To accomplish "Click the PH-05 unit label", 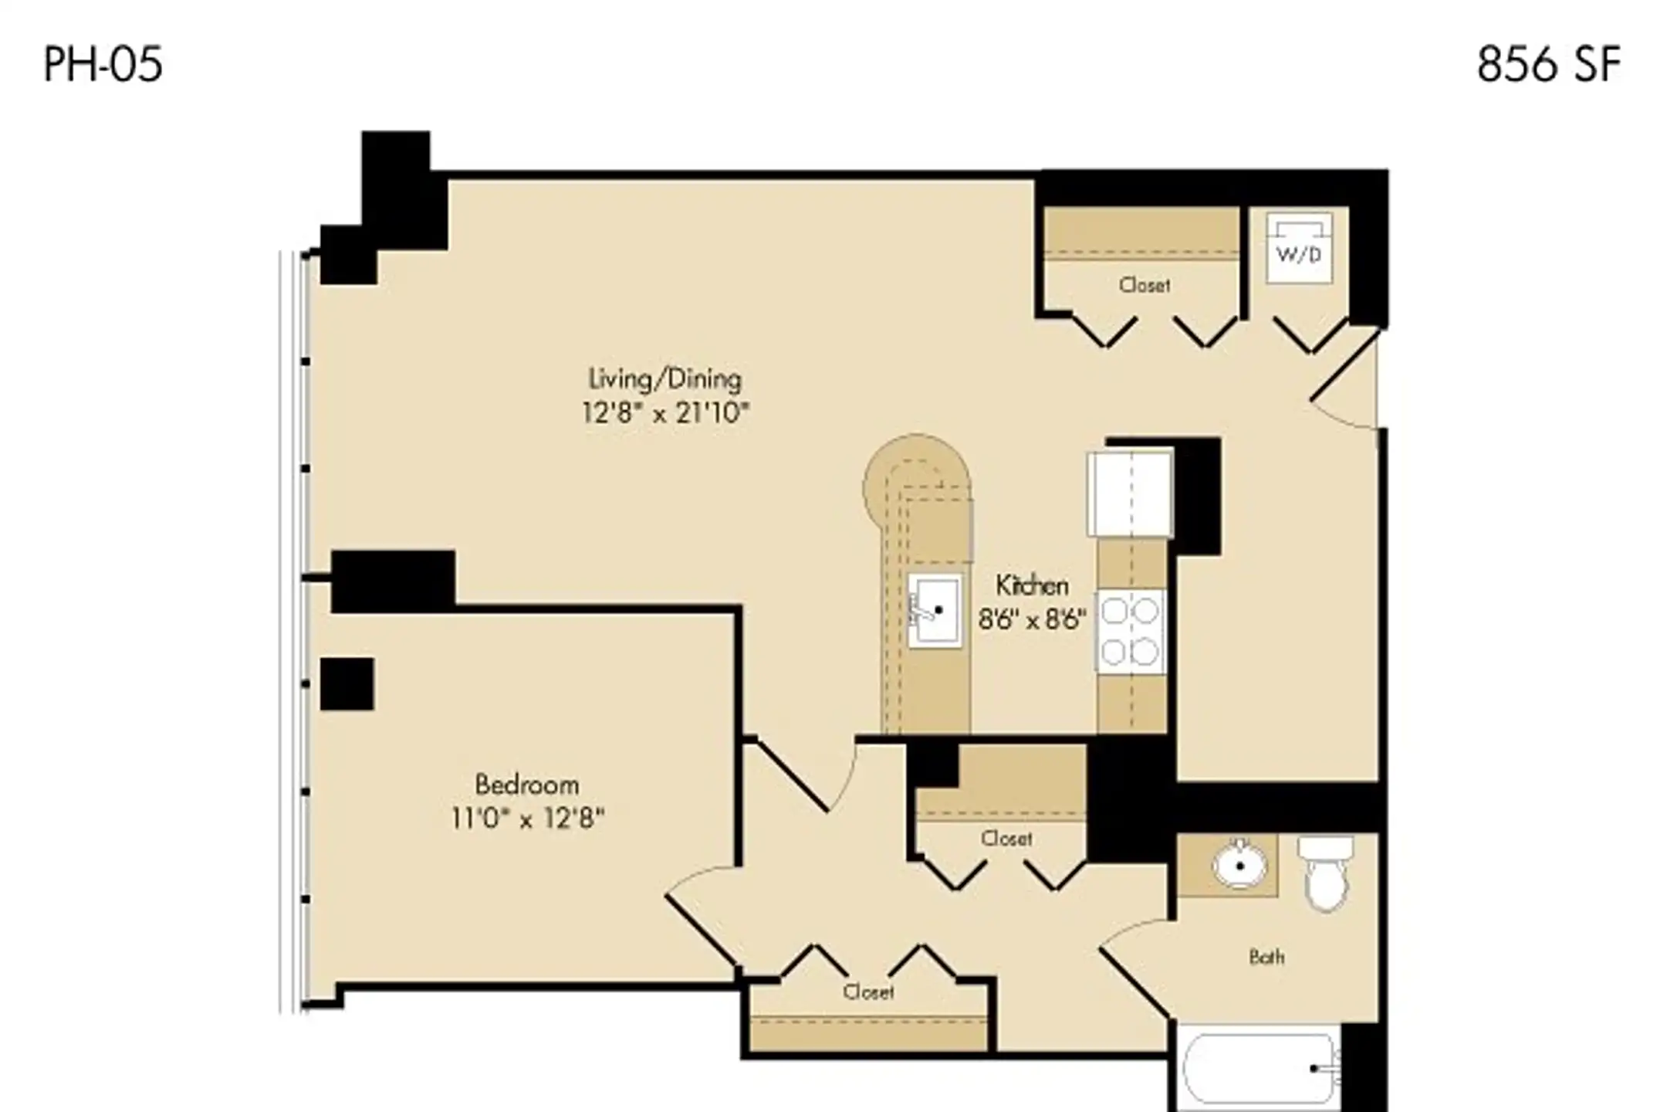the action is coord(103,64).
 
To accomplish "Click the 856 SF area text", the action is coord(1548,64).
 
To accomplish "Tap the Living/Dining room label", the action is coord(664,379).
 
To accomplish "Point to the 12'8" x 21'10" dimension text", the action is coord(665,413).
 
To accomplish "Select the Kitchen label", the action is coord(1032,585).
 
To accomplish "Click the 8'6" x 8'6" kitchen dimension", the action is coord(1032,619).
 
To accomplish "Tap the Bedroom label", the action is coord(526,785).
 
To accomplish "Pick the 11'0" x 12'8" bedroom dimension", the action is coord(527,818).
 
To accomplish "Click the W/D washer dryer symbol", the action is coord(1299,248).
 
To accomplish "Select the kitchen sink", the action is coord(935,610).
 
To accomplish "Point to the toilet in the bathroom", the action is coord(1326,873).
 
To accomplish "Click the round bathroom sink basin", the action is coord(1239,865).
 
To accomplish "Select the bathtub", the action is coord(1260,1070).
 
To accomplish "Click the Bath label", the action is coord(1266,958).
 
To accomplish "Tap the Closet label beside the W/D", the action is coord(1145,286).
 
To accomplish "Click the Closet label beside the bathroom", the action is coord(1006,839).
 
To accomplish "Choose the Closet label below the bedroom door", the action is coord(868,992).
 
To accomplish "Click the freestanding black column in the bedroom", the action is coord(347,684).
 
